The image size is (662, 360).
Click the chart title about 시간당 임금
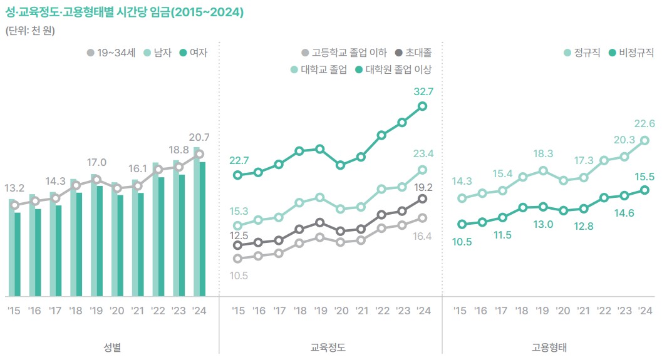click(125, 13)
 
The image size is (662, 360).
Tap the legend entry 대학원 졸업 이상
click(398, 69)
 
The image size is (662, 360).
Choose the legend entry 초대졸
click(418, 53)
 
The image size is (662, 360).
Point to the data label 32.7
click(423, 91)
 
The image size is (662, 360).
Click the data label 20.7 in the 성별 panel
click(199, 138)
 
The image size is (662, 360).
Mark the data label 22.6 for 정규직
click(644, 124)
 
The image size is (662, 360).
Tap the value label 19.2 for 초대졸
click(423, 186)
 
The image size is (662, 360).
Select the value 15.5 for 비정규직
click(644, 177)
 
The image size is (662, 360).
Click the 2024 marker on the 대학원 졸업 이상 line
click(423, 106)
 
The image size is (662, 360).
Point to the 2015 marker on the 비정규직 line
click(462, 224)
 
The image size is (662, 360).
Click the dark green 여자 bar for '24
click(203, 229)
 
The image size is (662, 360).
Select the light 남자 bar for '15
click(11, 247)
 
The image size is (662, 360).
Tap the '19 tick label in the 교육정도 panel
click(321, 311)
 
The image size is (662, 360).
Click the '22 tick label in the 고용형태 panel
click(604, 311)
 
